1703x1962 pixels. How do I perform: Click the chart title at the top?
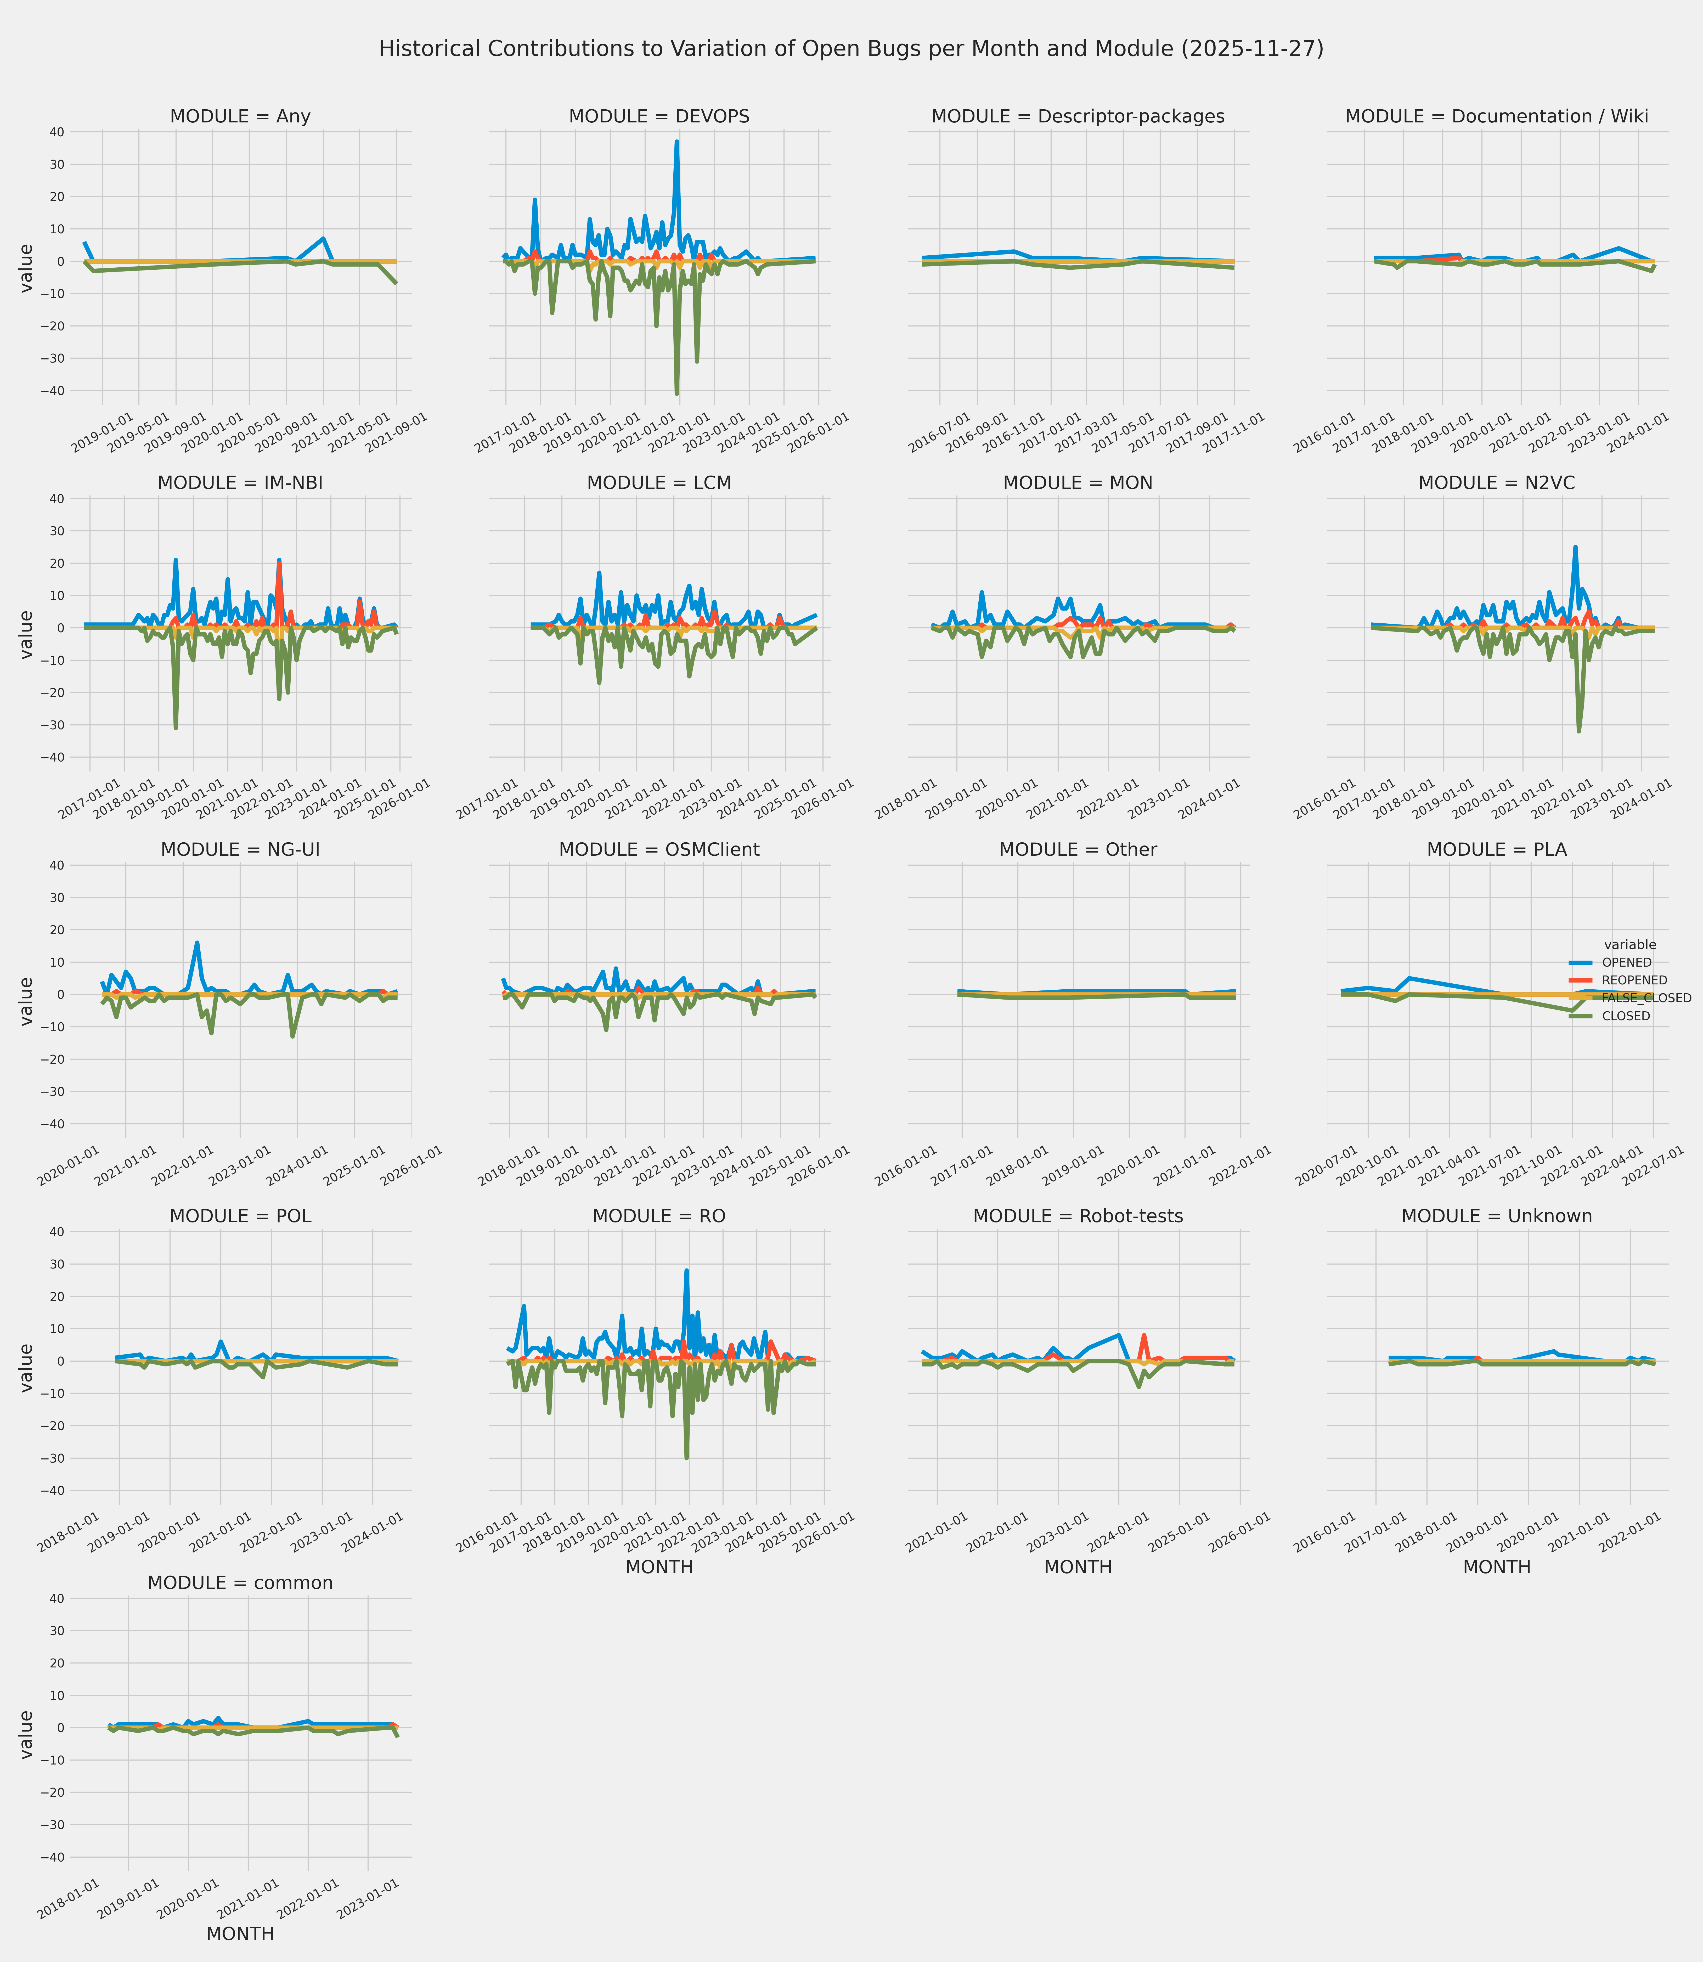pos(850,48)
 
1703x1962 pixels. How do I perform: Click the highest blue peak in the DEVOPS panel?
pos(677,142)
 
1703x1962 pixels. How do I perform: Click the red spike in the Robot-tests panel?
pos(1144,1335)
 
